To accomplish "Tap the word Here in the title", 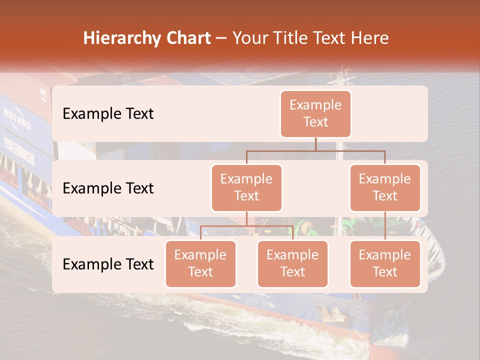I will click(x=370, y=38).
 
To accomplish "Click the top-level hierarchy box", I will click(x=315, y=114).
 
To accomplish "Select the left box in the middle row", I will click(x=246, y=188).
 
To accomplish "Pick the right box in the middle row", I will click(x=385, y=188).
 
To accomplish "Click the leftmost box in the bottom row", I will click(x=200, y=264).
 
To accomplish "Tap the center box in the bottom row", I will click(x=292, y=264).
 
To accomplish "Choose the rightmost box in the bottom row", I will click(x=385, y=264).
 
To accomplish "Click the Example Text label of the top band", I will click(x=108, y=114).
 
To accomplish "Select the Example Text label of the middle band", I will click(x=108, y=188).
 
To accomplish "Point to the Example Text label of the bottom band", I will click(x=108, y=264).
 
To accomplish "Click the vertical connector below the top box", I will click(x=315, y=144).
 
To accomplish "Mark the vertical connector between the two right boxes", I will click(x=385, y=226).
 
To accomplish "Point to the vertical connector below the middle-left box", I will click(x=246, y=219).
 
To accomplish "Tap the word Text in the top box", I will click(x=315, y=122).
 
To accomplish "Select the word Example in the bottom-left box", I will click(x=200, y=255).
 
